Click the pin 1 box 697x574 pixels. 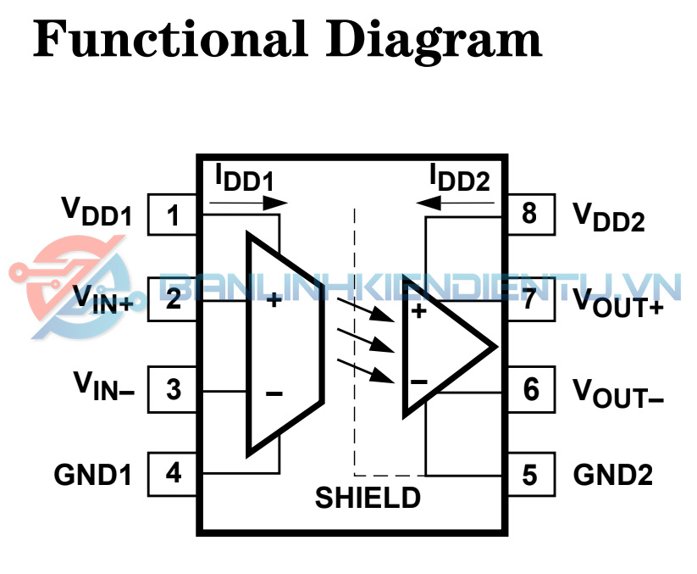tap(174, 215)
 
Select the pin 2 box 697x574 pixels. tap(174, 299)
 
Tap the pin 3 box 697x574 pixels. tap(174, 390)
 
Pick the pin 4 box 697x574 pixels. tap(174, 473)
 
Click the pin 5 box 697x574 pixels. tap(530, 474)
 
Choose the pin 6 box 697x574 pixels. tap(530, 390)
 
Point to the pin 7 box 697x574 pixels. tap(530, 299)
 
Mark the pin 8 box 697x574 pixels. tap(530, 214)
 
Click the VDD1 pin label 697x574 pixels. tap(96, 212)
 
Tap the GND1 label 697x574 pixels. tap(93, 475)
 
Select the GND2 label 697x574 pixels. tap(613, 475)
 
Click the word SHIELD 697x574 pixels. tap(368, 497)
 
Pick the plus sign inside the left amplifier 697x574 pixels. tap(274, 299)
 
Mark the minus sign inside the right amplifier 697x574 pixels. tap(418, 382)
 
